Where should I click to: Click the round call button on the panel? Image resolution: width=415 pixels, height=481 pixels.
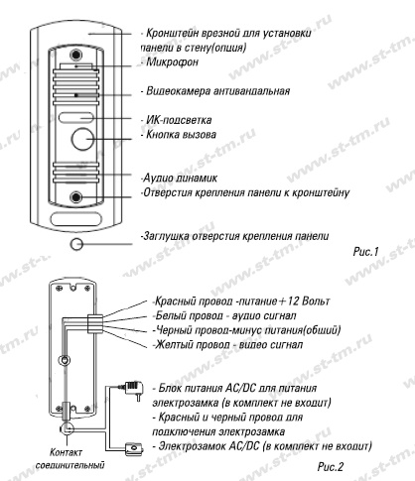click(82, 139)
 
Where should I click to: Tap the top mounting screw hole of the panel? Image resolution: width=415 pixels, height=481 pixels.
click(76, 55)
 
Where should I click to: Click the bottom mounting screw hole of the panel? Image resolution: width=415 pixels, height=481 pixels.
click(76, 197)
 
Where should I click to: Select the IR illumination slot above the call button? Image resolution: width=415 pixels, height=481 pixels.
click(76, 117)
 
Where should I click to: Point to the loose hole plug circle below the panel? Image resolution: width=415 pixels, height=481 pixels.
click(76, 244)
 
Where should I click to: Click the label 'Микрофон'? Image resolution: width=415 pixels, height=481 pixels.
click(172, 61)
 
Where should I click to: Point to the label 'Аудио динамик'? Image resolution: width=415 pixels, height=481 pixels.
click(180, 178)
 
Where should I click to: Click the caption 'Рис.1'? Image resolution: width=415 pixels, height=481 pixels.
click(365, 252)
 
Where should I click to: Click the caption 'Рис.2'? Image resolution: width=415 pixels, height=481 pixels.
click(331, 467)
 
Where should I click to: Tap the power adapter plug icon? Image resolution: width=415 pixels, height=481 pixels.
click(134, 389)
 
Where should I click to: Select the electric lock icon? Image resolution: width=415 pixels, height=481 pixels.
click(134, 449)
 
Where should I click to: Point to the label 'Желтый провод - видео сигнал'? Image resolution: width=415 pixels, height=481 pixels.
click(228, 345)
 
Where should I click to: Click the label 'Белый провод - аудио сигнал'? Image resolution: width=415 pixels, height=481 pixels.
click(225, 315)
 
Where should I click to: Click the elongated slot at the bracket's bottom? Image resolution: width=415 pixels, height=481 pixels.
click(76, 219)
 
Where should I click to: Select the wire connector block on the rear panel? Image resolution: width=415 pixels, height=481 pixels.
click(95, 323)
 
